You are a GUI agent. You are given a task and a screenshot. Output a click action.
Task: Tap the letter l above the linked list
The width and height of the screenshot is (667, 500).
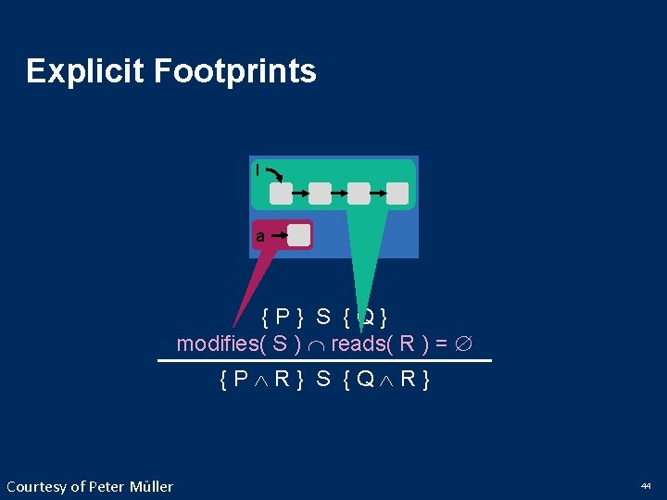click(x=258, y=170)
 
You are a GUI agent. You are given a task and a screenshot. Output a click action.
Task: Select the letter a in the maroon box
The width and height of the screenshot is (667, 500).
click(x=260, y=237)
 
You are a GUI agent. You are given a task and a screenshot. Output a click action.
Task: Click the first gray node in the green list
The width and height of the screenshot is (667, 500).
click(x=281, y=193)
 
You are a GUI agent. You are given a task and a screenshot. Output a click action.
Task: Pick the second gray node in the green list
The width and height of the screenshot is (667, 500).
click(x=320, y=193)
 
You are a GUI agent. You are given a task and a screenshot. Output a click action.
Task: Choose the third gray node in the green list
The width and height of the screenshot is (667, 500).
click(x=359, y=193)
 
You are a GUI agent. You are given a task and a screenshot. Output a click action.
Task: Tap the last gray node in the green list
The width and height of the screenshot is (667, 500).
click(x=397, y=193)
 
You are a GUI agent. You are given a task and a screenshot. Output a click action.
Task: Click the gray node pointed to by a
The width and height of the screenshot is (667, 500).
click(x=298, y=235)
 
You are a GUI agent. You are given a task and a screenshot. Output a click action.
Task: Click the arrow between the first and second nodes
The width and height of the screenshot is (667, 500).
click(x=300, y=193)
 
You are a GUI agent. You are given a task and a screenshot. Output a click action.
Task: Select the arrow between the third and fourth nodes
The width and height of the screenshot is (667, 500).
click(x=378, y=193)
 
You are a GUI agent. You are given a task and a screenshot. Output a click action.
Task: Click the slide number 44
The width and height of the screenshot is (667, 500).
click(x=645, y=485)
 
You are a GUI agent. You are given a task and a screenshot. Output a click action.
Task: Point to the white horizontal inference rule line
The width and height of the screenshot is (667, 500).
click(x=324, y=360)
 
